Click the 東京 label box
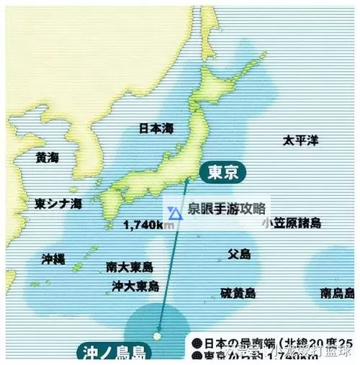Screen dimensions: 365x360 click(x=219, y=173)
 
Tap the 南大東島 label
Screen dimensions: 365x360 click(x=129, y=266)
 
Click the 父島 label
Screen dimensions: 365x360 click(x=238, y=254)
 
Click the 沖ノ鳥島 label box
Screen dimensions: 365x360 click(x=113, y=353)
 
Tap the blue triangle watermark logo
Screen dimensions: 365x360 click(x=175, y=212)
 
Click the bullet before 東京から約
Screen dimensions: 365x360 click(x=197, y=355)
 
